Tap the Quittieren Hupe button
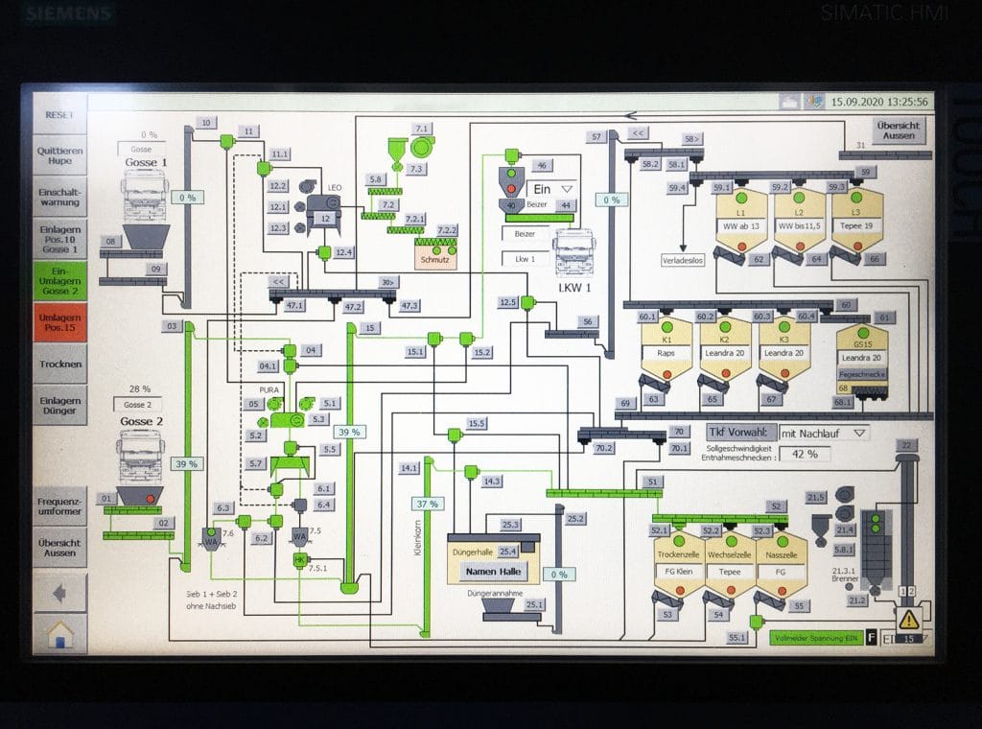60,155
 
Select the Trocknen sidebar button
60,364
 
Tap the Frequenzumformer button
60,506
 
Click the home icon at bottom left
59,633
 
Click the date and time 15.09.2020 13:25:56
878,101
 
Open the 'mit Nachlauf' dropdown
824,433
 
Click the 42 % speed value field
805,454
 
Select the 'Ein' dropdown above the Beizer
553,189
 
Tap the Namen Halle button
493,571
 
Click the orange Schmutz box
435,259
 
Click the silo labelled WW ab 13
739,226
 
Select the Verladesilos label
683,260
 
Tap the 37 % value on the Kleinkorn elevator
427,503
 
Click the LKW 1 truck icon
573,253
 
